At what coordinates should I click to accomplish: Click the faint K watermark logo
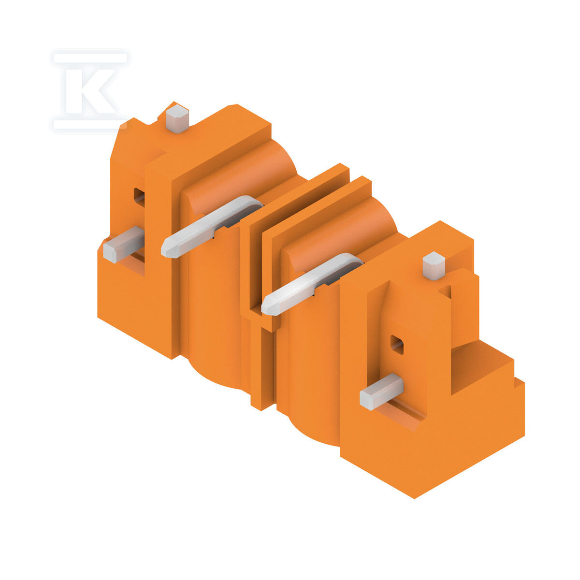pos(90,91)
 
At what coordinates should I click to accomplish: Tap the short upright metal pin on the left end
pos(177,119)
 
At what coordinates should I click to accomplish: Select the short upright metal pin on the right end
pos(434,265)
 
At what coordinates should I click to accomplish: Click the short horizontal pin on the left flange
pos(123,244)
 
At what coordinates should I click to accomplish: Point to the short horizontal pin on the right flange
pos(381,391)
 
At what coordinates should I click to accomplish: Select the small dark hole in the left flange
pos(139,198)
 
